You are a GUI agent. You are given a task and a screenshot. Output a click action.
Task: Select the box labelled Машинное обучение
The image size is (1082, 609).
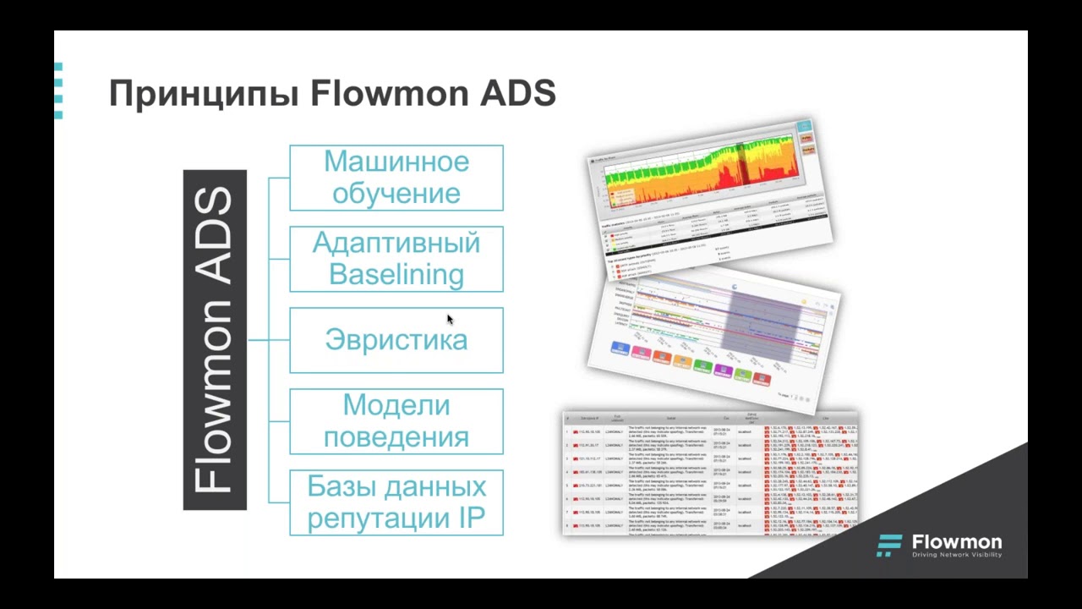[x=396, y=178]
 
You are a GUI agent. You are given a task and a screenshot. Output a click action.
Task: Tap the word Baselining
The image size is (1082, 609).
[x=396, y=274]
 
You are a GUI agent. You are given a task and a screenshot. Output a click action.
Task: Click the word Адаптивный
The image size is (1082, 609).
[x=396, y=244]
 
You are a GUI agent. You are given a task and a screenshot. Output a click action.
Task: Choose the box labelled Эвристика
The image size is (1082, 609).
[x=396, y=340]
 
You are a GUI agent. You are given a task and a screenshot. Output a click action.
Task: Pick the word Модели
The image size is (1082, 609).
[x=396, y=405]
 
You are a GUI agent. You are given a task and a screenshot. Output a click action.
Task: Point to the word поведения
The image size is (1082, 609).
[x=396, y=437]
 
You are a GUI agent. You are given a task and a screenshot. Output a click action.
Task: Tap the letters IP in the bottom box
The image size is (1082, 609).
[x=472, y=518]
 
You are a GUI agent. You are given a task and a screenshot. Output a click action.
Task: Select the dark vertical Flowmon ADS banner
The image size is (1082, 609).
[x=215, y=340]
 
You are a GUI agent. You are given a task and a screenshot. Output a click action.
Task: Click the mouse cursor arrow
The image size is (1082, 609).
[x=449, y=318]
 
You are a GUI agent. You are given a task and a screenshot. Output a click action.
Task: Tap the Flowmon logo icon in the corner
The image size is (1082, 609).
[x=889, y=546]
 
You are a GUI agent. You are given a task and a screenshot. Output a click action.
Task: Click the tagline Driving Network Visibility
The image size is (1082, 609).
[x=957, y=555]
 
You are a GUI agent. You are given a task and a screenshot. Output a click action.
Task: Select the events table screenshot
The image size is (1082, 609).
[x=710, y=474]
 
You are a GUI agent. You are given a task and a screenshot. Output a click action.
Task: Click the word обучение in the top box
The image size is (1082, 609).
[x=396, y=193]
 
